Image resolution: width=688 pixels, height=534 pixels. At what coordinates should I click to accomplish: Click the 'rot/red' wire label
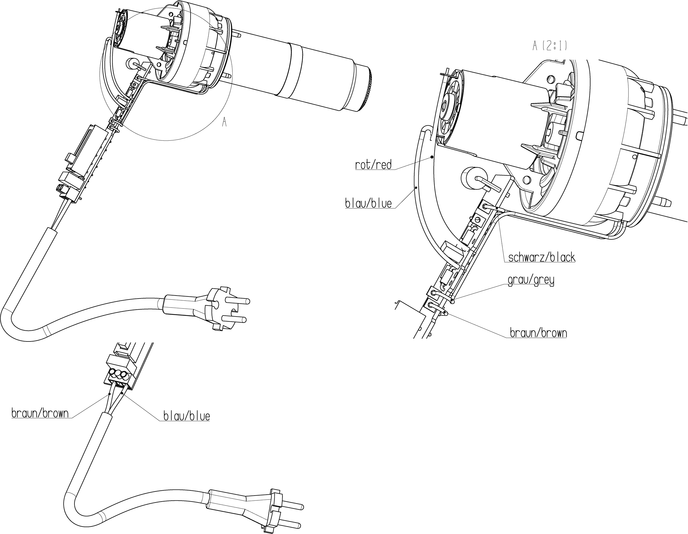(373, 165)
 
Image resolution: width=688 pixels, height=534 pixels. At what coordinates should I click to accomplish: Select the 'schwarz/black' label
(542, 258)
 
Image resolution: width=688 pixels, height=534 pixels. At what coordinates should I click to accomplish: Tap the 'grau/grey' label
(531, 280)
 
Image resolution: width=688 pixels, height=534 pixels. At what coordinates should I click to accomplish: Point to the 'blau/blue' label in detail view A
(368, 204)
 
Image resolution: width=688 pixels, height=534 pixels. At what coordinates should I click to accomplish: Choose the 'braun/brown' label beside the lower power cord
(40, 413)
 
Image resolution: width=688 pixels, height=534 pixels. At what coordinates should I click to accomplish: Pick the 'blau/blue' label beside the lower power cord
(186, 417)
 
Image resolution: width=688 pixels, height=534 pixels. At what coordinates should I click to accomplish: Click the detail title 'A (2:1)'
(549, 46)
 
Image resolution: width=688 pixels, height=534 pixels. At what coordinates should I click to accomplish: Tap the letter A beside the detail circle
(224, 122)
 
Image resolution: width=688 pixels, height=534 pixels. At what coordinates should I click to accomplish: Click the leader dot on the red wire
(432, 157)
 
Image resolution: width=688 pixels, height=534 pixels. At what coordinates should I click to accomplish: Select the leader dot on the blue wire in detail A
(416, 188)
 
